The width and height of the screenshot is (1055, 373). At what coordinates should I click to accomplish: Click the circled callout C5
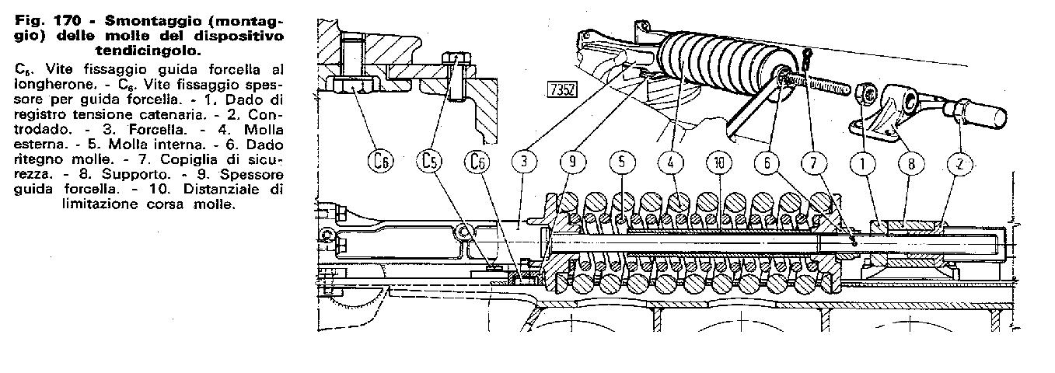click(x=429, y=162)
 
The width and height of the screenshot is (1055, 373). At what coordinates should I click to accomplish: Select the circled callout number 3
click(x=524, y=162)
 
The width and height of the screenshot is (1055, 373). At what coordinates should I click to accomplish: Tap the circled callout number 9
click(x=572, y=162)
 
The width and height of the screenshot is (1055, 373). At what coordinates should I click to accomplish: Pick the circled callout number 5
click(x=622, y=162)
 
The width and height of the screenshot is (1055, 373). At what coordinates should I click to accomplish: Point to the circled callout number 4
click(x=671, y=162)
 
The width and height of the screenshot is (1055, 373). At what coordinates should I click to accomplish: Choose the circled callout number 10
click(x=718, y=163)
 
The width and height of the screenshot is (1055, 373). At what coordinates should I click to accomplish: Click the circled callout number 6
click(x=767, y=163)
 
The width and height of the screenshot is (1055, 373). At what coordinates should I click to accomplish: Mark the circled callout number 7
click(x=814, y=163)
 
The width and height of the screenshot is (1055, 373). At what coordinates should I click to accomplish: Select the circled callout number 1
click(x=863, y=164)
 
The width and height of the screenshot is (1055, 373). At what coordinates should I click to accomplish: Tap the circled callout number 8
click(x=911, y=164)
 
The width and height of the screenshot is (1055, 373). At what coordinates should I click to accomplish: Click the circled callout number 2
click(x=960, y=165)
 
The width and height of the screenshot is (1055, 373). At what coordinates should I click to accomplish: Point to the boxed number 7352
click(x=562, y=89)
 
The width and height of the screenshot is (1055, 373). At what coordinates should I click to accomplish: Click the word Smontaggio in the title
click(x=150, y=22)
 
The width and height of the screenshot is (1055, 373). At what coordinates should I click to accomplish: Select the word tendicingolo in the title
click(x=148, y=51)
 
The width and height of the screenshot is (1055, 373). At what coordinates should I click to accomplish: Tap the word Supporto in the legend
click(x=135, y=175)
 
